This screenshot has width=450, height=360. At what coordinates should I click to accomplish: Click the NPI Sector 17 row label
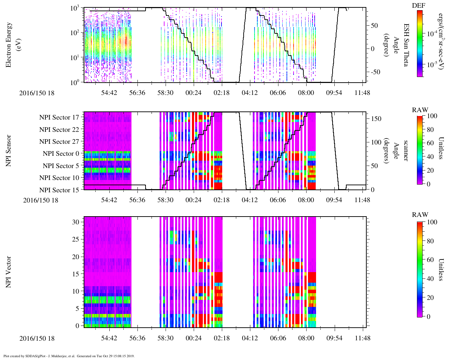click(x=59, y=117)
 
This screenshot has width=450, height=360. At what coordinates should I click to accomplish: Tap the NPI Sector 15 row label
click(x=59, y=190)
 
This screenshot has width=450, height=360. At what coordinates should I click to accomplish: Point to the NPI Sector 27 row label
click(x=59, y=142)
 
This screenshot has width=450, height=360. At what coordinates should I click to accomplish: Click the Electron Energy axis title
click(x=12, y=45)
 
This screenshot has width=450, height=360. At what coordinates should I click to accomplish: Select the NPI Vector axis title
click(x=8, y=272)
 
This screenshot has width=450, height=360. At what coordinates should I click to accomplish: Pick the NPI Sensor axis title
click(x=8, y=151)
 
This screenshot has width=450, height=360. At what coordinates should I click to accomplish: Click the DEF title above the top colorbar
click(x=418, y=6)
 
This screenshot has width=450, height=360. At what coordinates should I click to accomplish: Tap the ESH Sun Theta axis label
click(x=406, y=45)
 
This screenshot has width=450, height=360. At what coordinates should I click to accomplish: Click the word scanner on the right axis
click(x=406, y=151)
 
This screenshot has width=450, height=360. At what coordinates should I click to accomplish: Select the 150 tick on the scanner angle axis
click(x=376, y=119)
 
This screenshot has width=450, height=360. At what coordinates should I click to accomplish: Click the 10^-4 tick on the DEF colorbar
click(x=432, y=34)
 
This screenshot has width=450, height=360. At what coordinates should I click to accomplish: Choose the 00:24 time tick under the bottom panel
click(x=193, y=338)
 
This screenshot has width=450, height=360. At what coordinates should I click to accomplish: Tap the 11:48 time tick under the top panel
click(x=362, y=93)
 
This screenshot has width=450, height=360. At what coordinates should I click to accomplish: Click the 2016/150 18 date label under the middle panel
click(x=41, y=200)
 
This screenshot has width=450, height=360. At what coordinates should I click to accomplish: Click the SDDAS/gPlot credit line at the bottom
click(x=69, y=356)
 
